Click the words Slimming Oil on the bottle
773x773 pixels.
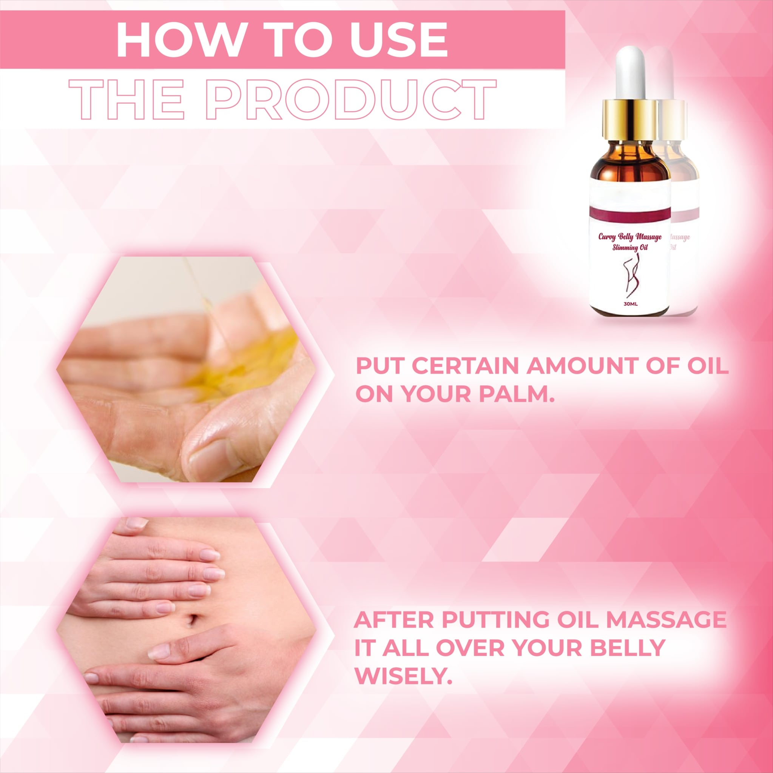(x=630, y=248)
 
